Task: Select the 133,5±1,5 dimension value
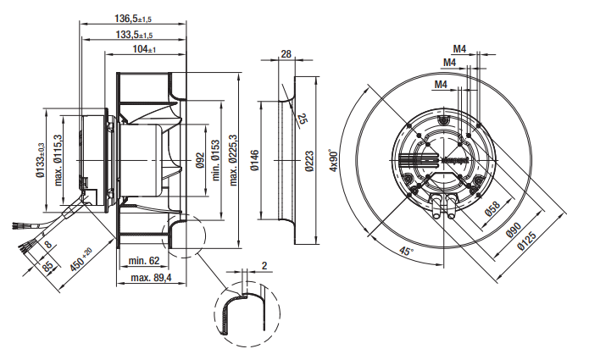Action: (x=134, y=35)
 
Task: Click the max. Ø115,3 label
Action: (x=59, y=158)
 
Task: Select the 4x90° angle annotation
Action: (x=332, y=158)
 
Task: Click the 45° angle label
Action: (x=406, y=251)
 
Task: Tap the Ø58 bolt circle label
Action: (x=489, y=209)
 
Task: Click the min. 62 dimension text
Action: (x=144, y=260)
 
